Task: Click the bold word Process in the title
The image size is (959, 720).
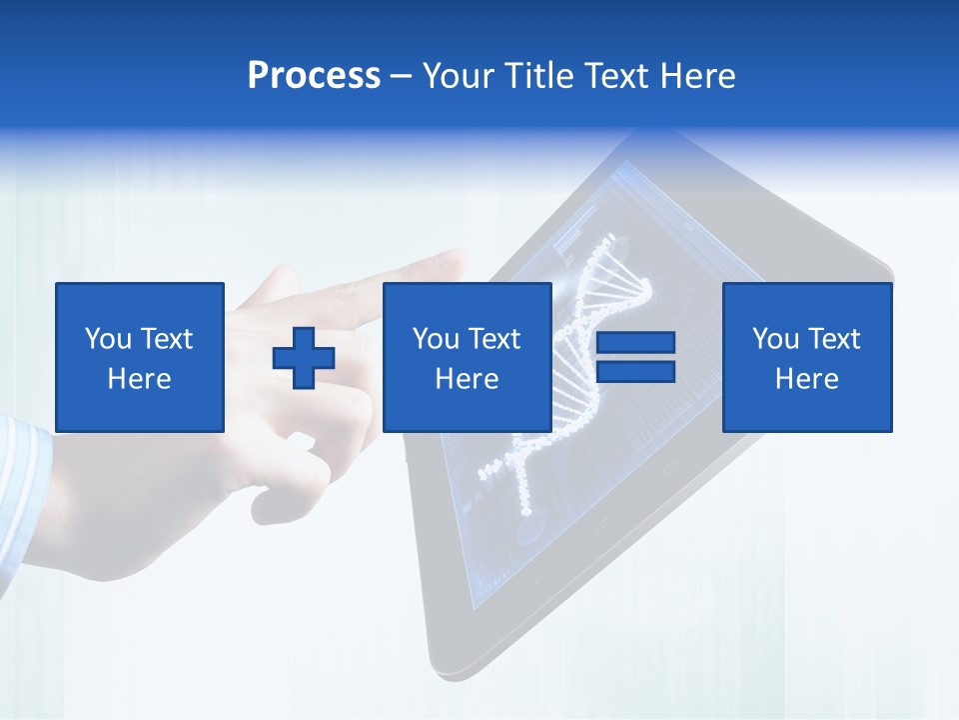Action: click(x=314, y=75)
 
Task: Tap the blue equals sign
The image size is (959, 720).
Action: click(x=635, y=357)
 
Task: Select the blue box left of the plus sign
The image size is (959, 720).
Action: click(x=140, y=357)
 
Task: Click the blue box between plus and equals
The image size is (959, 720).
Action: click(x=467, y=357)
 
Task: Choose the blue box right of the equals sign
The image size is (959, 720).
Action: click(x=806, y=357)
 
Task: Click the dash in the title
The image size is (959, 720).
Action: click(x=401, y=77)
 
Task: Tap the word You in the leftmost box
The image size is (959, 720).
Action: click(x=107, y=339)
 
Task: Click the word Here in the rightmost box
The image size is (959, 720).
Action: click(x=806, y=379)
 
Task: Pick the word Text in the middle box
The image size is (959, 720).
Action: click(x=494, y=339)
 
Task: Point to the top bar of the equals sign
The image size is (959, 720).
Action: click(x=635, y=343)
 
